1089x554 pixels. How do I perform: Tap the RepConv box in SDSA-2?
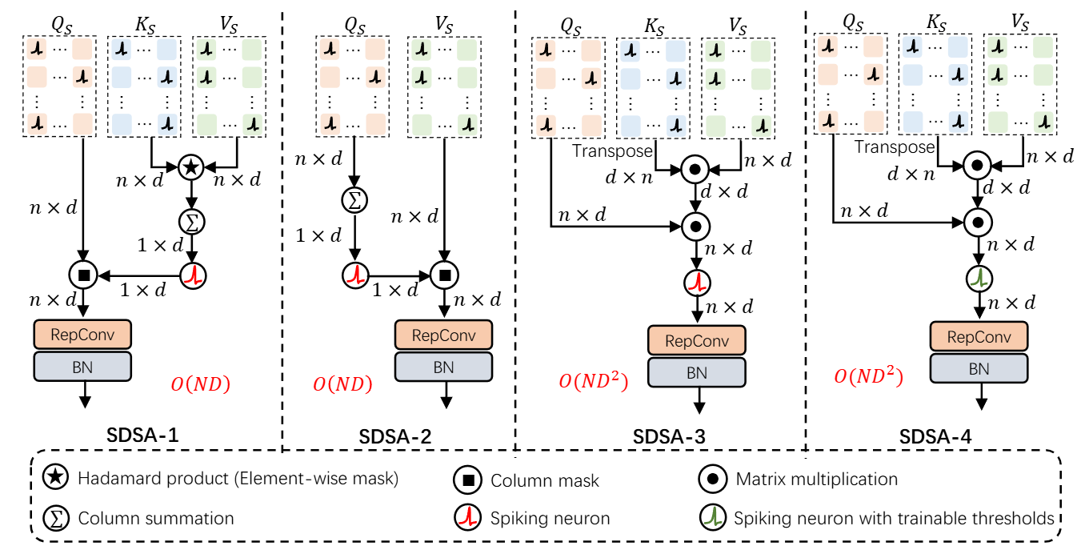443,335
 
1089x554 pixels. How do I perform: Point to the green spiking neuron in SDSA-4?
978,279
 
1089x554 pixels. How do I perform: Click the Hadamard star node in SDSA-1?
190,168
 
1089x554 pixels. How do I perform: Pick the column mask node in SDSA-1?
83,276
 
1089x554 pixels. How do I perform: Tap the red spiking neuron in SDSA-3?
697,281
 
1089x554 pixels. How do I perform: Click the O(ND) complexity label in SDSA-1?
200,384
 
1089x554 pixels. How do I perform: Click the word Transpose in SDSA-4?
894,147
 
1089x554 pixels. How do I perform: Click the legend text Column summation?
156,518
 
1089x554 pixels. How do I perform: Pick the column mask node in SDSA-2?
443,276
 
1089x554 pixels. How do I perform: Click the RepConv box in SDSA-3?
697,340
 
